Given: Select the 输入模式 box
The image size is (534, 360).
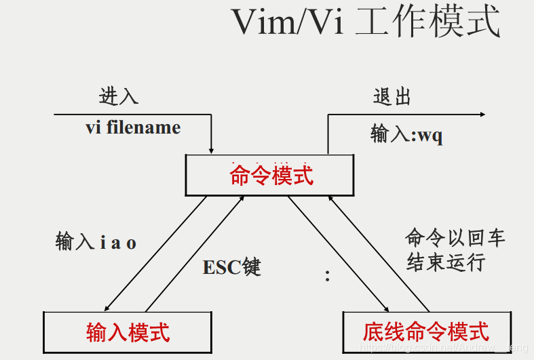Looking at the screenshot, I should tap(128, 332).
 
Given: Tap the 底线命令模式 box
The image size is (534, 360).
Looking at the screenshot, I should tap(425, 332).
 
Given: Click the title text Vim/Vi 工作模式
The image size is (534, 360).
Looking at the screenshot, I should tap(366, 22).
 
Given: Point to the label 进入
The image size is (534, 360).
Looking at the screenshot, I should tap(119, 96).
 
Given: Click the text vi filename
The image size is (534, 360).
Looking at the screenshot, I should tap(133, 127).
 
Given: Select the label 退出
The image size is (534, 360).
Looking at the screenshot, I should tap(392, 96).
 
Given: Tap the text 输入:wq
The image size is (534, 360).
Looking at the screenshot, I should tap(406, 134).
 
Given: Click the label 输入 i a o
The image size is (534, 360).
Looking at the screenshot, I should tap(96, 242).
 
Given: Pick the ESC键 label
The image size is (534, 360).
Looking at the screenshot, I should tap(231, 267).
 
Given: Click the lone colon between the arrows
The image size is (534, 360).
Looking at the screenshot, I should tap(327, 275).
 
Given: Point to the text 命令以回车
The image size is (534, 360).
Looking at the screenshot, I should tap(455, 238).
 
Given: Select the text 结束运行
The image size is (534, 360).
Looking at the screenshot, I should tap(445, 262).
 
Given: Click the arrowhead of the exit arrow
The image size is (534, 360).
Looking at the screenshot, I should tap(481, 115).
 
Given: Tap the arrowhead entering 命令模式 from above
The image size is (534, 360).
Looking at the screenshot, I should tap(212, 150).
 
